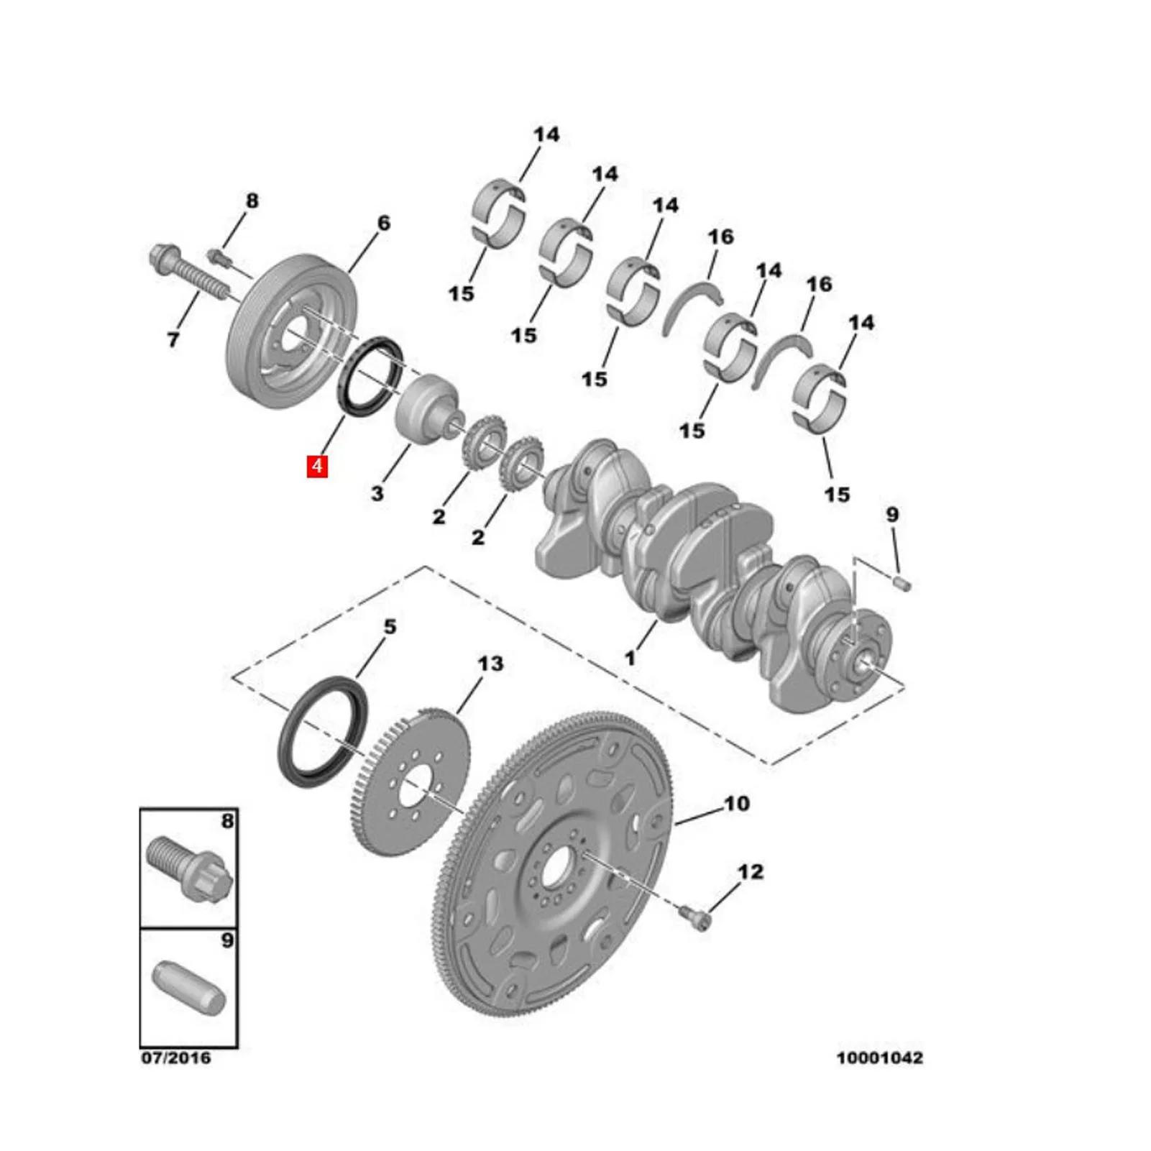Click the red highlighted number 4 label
[x=317, y=466]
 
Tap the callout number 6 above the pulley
[x=384, y=223]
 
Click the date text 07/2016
[x=176, y=1058]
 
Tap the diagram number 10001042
[x=879, y=1058]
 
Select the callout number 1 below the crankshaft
[x=630, y=657]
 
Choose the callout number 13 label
[x=490, y=663]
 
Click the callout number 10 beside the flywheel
[x=736, y=803]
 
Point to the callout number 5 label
[x=390, y=626]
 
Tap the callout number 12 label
[x=750, y=871]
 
